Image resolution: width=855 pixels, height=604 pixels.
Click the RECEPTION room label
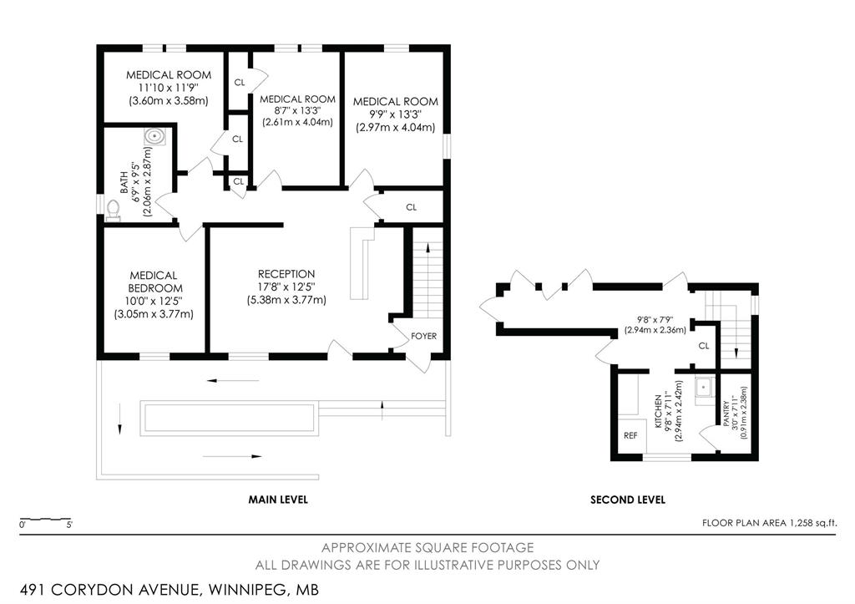pos(286,274)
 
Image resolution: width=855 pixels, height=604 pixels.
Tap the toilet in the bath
pos(113,210)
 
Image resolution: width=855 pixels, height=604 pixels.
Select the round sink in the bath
pos(154,136)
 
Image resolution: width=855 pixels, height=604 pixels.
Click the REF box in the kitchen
pos(631,435)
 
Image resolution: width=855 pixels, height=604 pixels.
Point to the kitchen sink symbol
pos(704,388)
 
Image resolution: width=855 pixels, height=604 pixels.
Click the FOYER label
pos(423,336)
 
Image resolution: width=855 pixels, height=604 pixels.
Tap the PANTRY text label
pos(726,414)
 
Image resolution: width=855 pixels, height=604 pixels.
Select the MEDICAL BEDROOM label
pos(154,282)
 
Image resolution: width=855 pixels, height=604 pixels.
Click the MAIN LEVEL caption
pos(278,500)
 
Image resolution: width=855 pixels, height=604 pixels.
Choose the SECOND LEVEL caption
pos(628,500)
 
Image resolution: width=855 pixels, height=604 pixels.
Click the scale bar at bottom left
pos(45,518)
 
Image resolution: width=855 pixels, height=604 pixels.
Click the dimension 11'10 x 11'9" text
pos(169,88)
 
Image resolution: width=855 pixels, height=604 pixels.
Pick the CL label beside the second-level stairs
pos(704,346)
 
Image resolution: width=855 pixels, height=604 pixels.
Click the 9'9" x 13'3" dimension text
pos(395,114)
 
